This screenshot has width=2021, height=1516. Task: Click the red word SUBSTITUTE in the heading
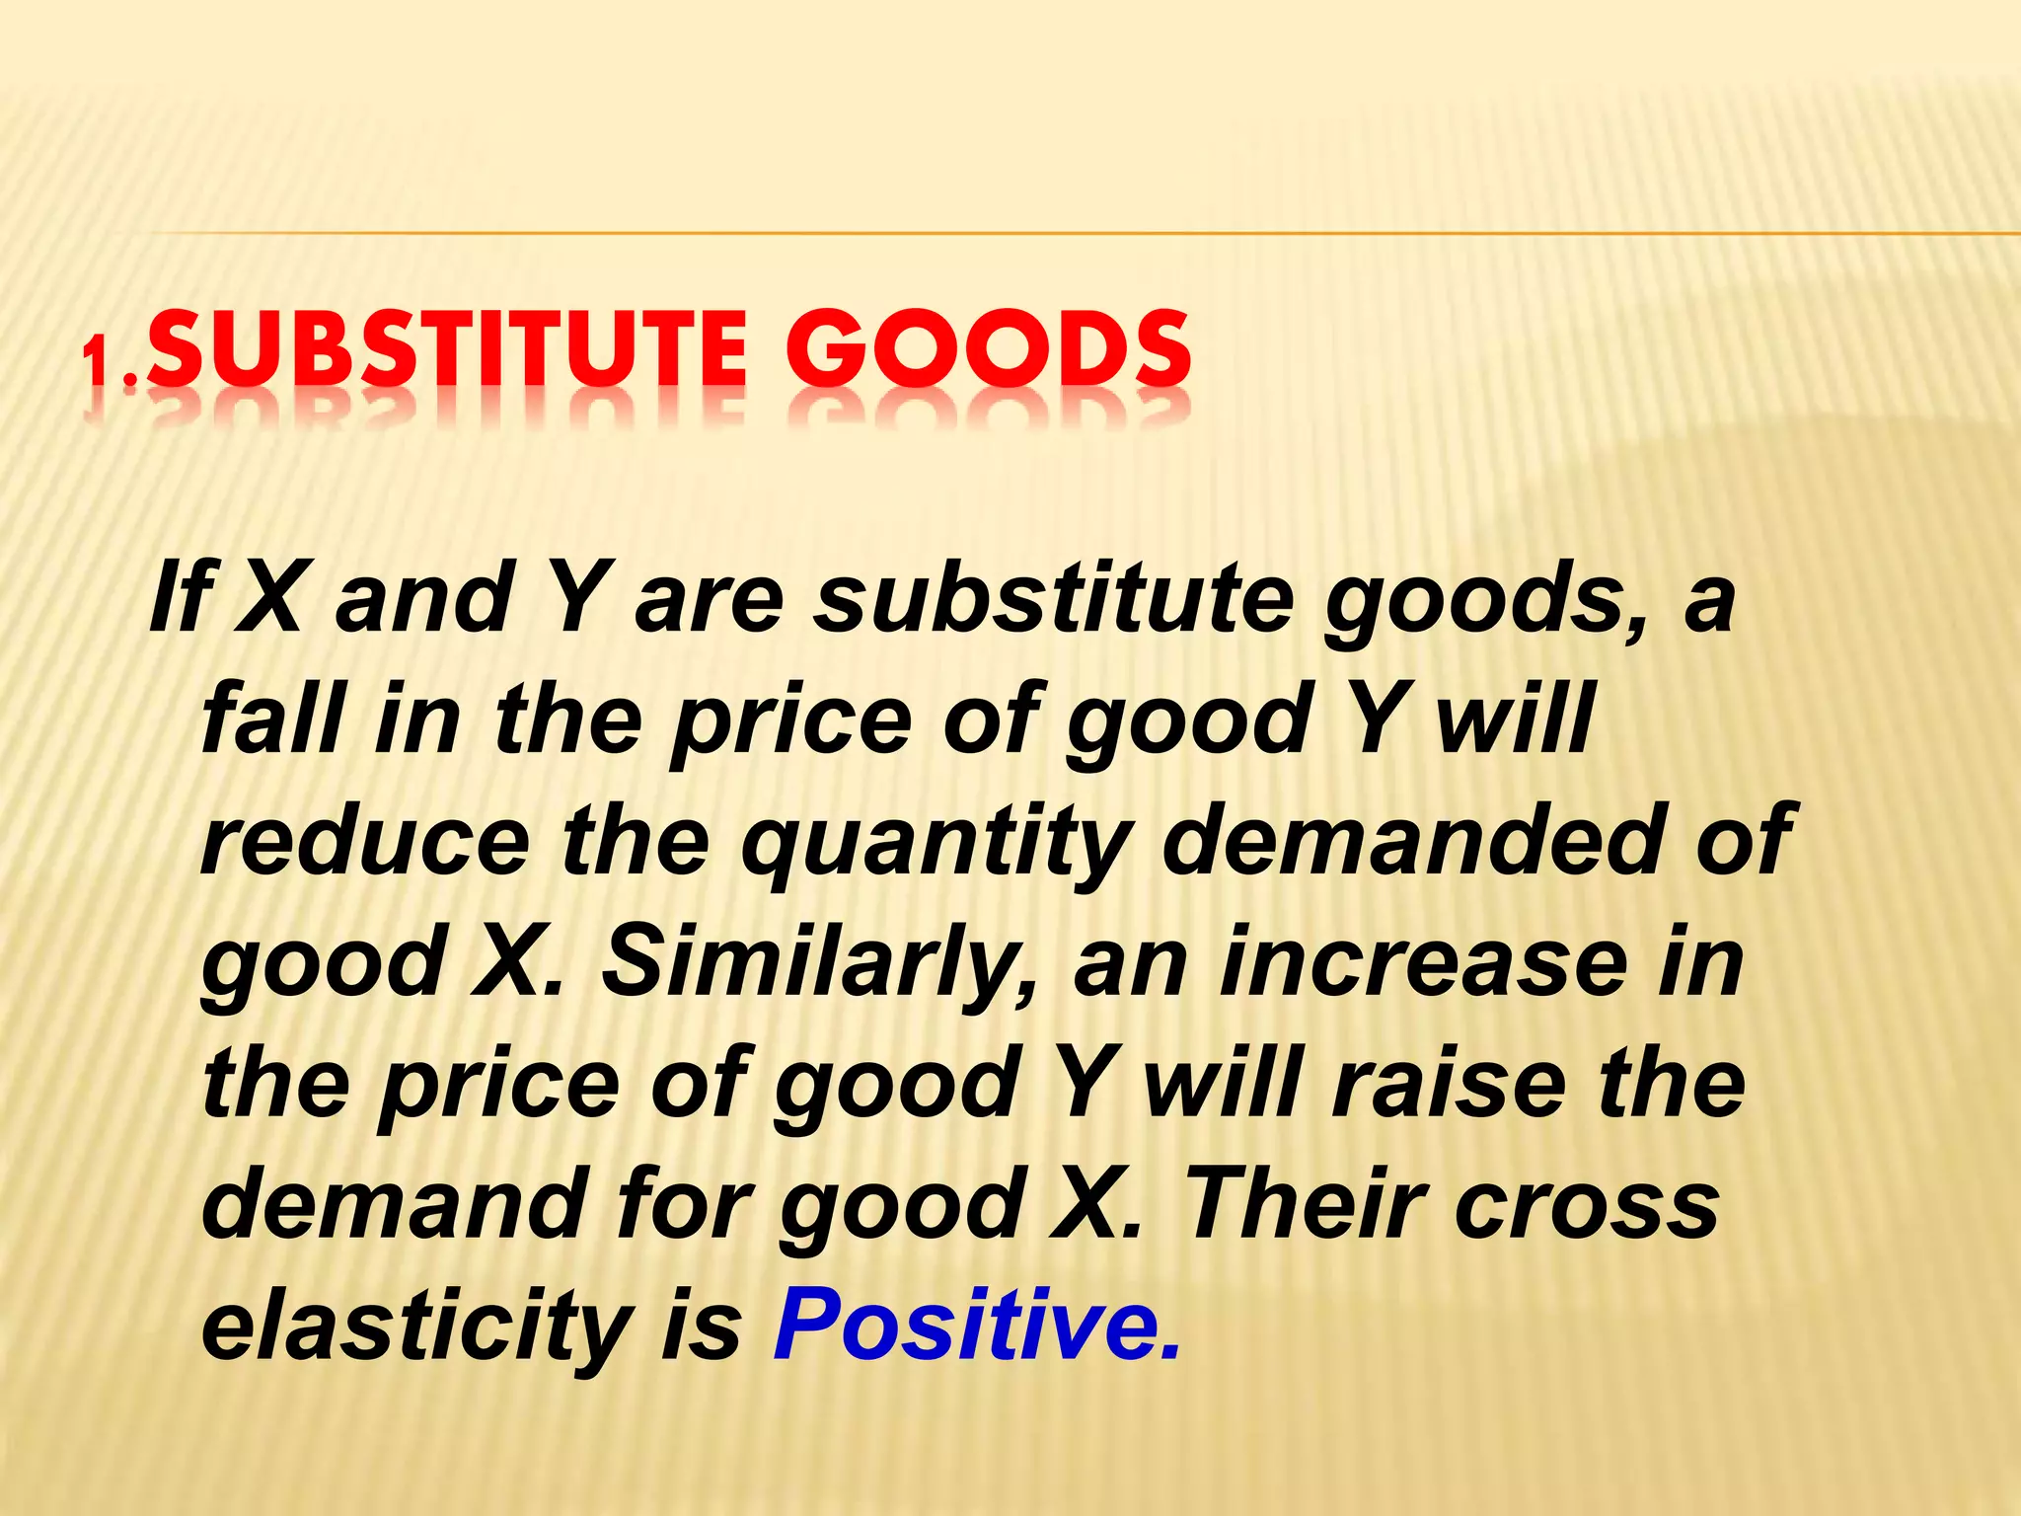tap(449, 350)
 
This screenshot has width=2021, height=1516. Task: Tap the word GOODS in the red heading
tap(988, 350)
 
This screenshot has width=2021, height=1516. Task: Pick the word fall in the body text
tap(272, 718)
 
